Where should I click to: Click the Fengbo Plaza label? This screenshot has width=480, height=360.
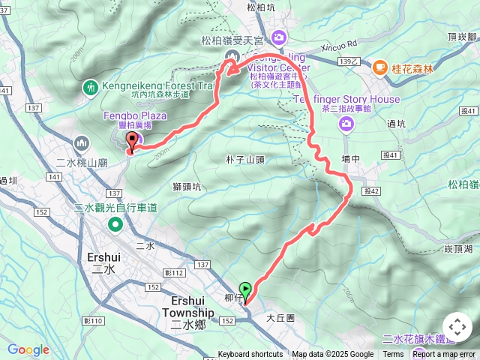135,116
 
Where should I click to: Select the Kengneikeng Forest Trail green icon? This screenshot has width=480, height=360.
91,87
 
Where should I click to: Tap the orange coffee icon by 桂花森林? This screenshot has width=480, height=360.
380,68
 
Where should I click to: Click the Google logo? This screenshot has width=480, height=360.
28,349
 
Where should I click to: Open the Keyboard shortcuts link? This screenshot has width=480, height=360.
250,355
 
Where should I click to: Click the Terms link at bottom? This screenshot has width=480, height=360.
393,355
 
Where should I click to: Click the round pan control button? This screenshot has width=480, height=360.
457,328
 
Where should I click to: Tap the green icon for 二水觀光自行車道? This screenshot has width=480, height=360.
115,224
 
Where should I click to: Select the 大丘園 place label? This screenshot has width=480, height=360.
280,318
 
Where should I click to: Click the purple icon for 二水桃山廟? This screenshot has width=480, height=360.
81,142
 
